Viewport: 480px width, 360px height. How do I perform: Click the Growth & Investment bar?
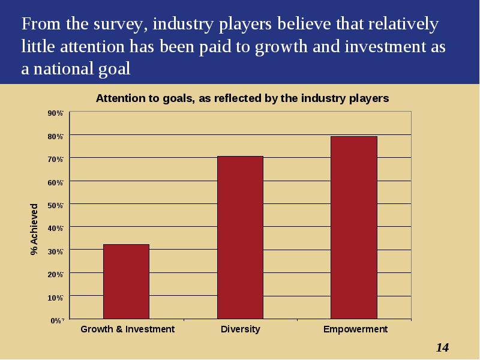tap(126, 281)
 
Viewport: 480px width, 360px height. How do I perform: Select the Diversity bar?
tap(241, 238)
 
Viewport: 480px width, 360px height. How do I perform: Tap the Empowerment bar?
tap(354, 228)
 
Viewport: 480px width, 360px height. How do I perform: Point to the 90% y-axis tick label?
tap(55, 113)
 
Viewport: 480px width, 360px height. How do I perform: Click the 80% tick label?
tap(55, 136)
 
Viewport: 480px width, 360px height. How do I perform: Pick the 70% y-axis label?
tap(55, 159)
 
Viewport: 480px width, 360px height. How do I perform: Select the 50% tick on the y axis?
tap(55, 205)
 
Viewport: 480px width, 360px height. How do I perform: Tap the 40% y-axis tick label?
tap(55, 229)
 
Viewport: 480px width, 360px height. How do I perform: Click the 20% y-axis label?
tap(55, 275)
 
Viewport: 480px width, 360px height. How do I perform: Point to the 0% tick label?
tap(57, 320)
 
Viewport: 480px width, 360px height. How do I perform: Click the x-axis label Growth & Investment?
tap(127, 329)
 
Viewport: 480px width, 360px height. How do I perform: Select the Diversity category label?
tap(241, 329)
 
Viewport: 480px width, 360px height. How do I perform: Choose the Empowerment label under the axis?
tap(355, 329)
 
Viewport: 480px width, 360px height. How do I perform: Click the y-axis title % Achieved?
tap(34, 229)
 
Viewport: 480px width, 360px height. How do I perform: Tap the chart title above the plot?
tap(242, 98)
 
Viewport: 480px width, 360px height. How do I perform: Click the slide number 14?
tap(442, 347)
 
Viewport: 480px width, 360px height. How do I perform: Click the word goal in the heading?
tap(114, 69)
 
